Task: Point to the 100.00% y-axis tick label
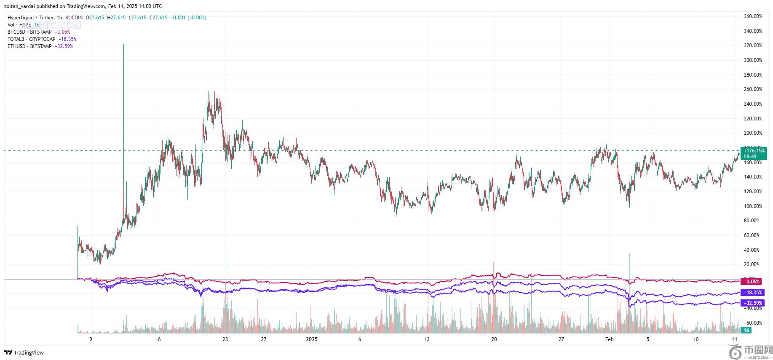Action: pos(753,206)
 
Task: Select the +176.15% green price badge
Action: pos(754,150)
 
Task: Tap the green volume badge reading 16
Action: pos(746,331)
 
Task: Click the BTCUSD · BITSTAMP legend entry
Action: pos(29,32)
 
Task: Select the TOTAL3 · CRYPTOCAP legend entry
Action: pos(32,39)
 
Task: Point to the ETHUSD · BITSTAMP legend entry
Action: pos(29,46)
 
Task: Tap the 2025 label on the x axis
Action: pos(312,339)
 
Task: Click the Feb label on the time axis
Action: pos(609,339)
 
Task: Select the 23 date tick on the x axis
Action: pos(225,339)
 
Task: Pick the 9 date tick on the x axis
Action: pos(91,339)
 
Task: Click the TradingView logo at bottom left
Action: pos(24,353)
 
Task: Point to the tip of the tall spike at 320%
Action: pos(123,44)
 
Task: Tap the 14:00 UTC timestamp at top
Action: pos(149,6)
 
